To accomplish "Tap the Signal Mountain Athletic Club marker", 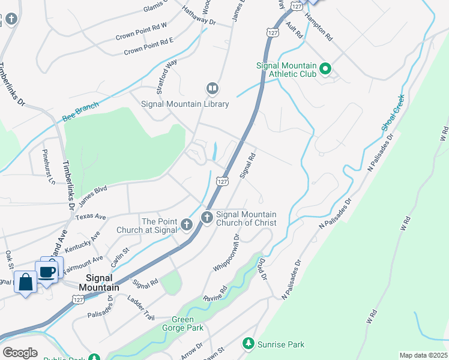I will [x=325, y=69].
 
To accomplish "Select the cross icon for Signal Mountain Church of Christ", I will [x=207, y=217].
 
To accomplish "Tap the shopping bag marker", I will [x=26, y=281].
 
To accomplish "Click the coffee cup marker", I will [x=47, y=272].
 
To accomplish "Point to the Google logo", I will [x=20, y=353].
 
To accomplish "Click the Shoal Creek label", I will [x=393, y=112].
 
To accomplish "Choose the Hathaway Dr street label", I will [x=198, y=16].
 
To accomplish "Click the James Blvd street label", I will [x=92, y=193].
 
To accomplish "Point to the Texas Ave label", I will [x=91, y=216].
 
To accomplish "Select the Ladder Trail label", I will [x=142, y=313].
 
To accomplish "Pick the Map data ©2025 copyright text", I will [x=423, y=355].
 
